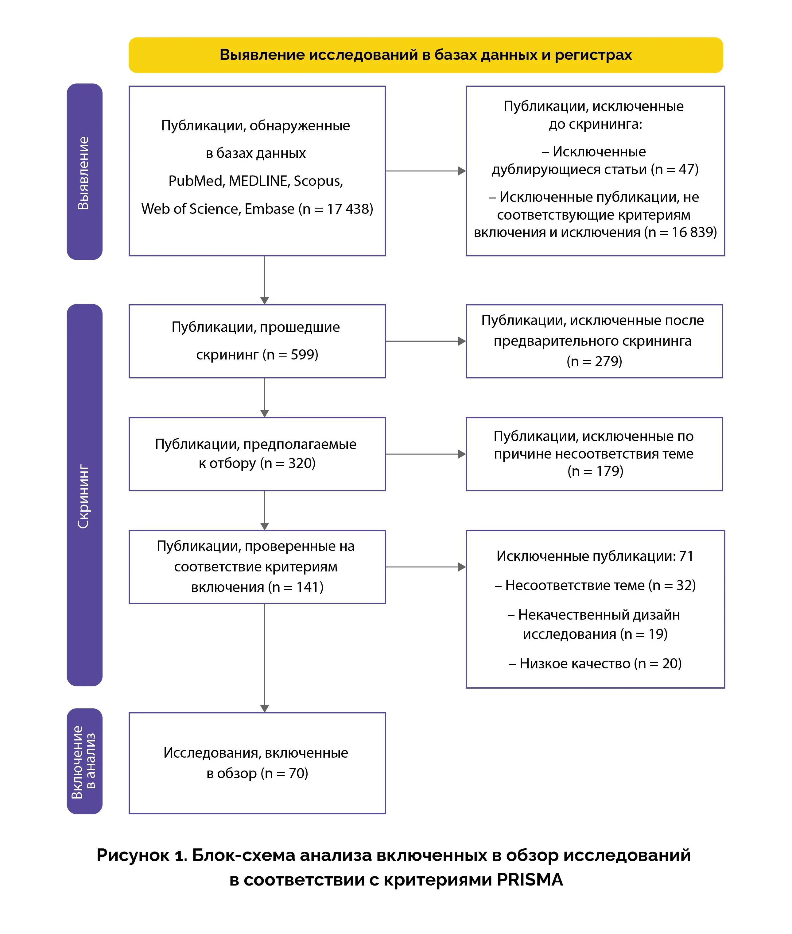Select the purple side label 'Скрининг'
point(84,496)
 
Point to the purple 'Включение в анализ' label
point(84,762)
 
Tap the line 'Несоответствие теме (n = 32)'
point(595,586)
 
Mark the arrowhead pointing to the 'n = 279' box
point(462,341)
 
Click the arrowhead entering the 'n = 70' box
point(264,708)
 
